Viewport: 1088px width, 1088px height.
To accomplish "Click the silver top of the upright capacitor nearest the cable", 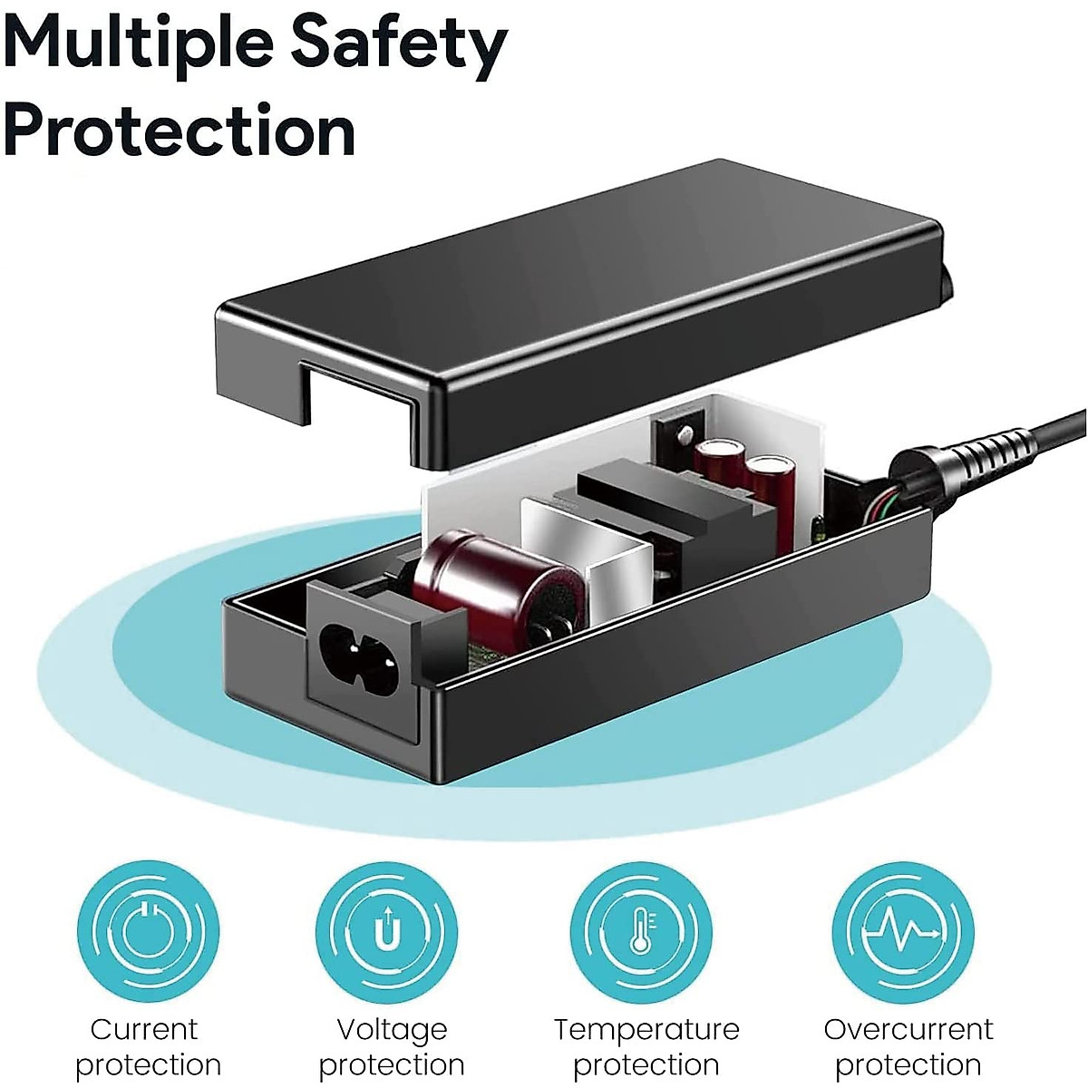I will (x=769, y=464).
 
